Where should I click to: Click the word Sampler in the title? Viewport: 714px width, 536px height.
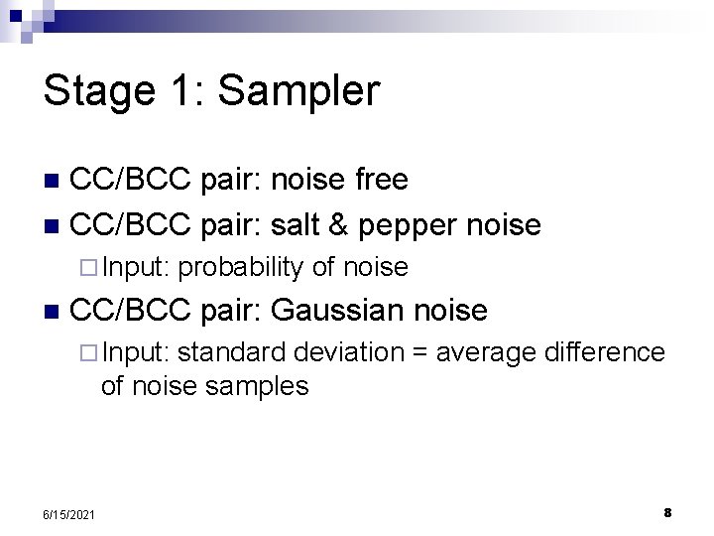tap(298, 91)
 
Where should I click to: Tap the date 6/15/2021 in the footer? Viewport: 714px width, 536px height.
tap(70, 513)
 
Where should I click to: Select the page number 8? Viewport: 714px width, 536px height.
tap(667, 512)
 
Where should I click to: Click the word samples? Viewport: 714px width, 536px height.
tap(261, 385)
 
